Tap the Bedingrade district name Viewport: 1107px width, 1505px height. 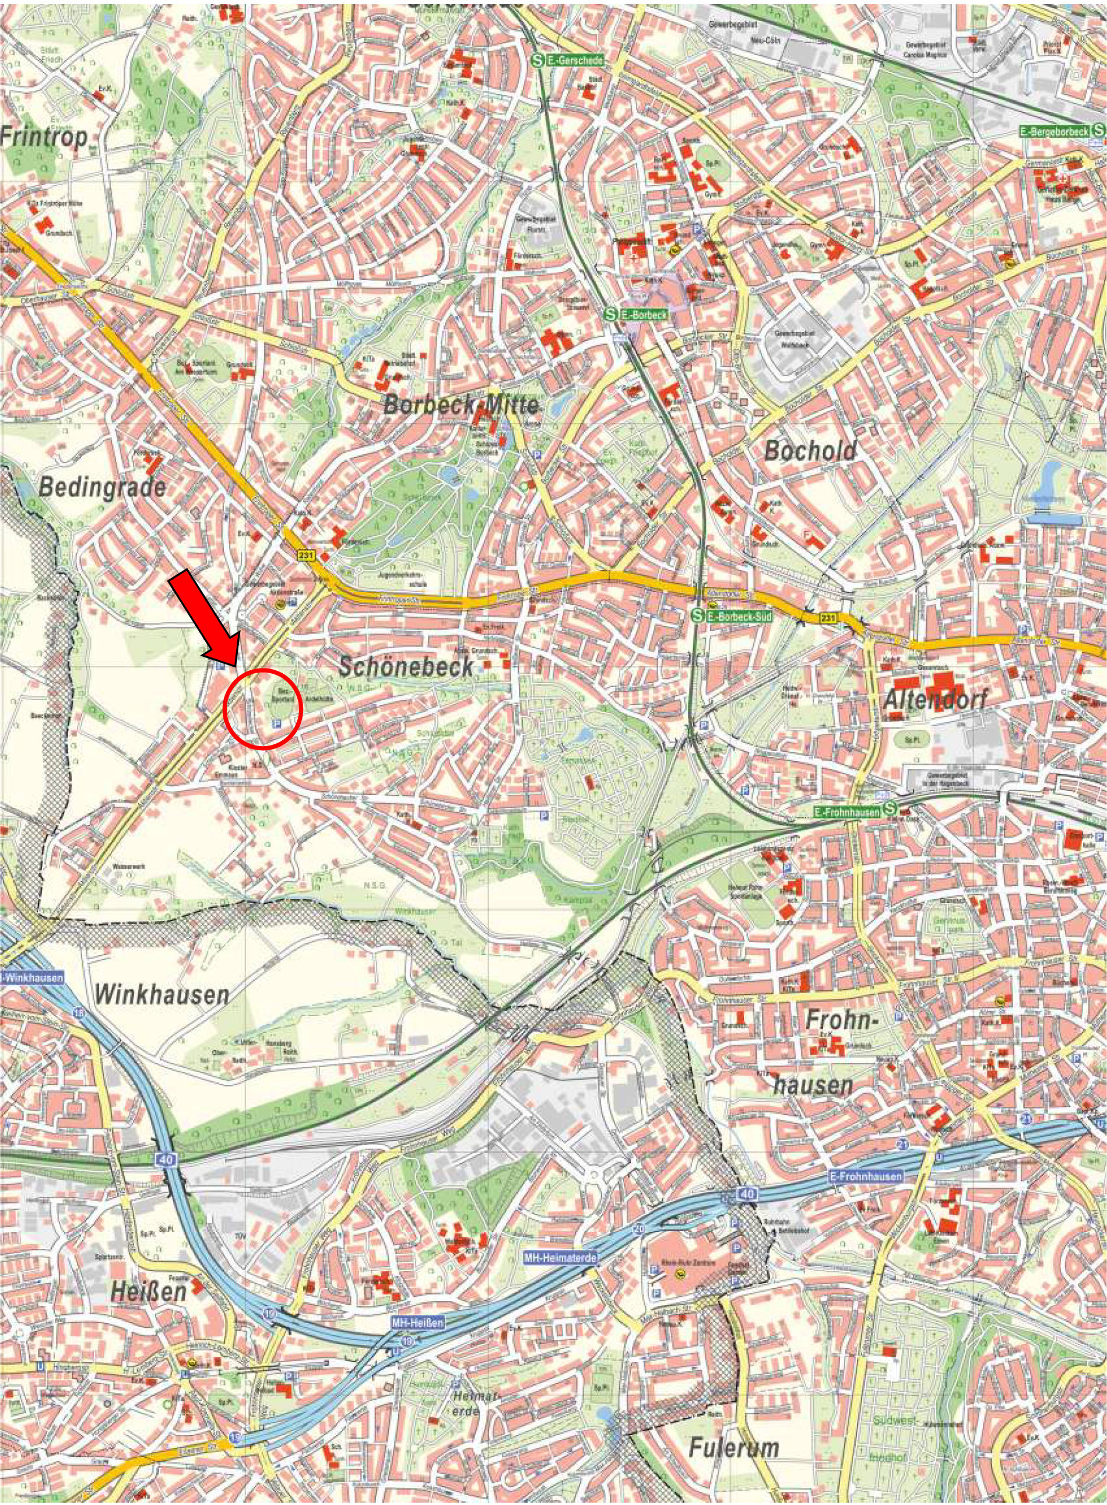[x=103, y=487]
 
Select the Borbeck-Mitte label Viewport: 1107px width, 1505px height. [x=461, y=405]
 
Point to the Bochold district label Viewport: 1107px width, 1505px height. [x=810, y=450]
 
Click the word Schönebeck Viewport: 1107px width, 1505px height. [x=406, y=665]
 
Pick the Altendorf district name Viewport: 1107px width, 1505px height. [x=936, y=700]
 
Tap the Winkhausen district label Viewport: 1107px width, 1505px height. [x=162, y=994]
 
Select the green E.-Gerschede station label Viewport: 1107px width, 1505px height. [x=575, y=60]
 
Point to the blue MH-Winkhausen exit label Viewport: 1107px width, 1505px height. [x=32, y=978]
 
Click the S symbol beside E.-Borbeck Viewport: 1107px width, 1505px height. [x=610, y=313]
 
